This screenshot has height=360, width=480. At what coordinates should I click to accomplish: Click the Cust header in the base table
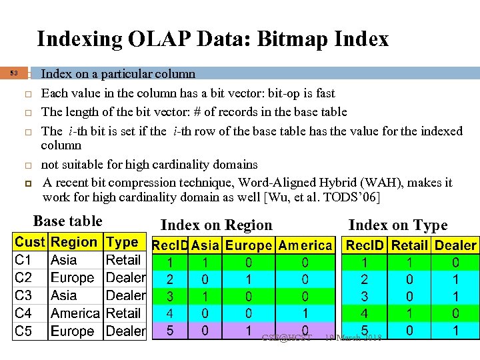coord(31,243)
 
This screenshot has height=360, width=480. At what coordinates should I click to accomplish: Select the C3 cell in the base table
coord(23,295)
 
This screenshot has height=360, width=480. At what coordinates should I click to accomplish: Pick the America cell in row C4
coord(75,313)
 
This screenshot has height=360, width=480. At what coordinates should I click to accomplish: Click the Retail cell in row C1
coord(123,260)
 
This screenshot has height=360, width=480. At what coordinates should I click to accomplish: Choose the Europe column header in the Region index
coord(249,245)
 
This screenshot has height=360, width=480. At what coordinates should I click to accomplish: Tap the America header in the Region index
coord(305,245)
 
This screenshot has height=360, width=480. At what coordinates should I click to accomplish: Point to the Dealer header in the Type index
coord(455,245)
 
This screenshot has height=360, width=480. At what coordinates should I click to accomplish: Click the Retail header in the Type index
coord(409,245)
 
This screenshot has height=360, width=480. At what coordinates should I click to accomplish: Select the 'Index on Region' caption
coord(217,225)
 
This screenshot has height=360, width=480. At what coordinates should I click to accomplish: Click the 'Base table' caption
coord(67,221)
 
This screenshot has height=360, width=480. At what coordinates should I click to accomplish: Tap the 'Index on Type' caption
coord(398,225)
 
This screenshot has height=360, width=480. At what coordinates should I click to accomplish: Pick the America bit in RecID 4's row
coord(305,312)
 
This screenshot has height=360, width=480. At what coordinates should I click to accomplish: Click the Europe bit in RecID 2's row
coord(249,278)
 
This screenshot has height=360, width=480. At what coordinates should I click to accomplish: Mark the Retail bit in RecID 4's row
coord(409,312)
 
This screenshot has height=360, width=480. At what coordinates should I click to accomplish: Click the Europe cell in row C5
coord(73,331)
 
